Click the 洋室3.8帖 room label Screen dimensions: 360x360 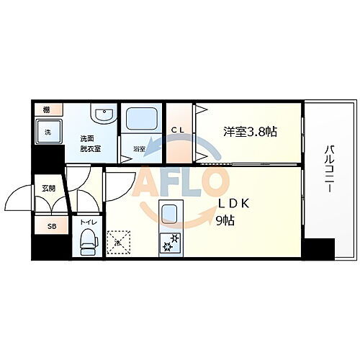(x=249, y=131)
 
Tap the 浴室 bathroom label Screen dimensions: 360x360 (x=139, y=148)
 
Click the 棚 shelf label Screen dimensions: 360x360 (x=45, y=109)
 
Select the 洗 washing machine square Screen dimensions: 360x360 (x=48, y=132)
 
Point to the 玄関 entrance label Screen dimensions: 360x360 (x=48, y=189)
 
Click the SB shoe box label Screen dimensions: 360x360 (x=51, y=226)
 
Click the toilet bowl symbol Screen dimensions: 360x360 (x=88, y=241)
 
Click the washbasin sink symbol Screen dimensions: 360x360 (x=101, y=114)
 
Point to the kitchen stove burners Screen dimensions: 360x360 (x=171, y=243)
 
